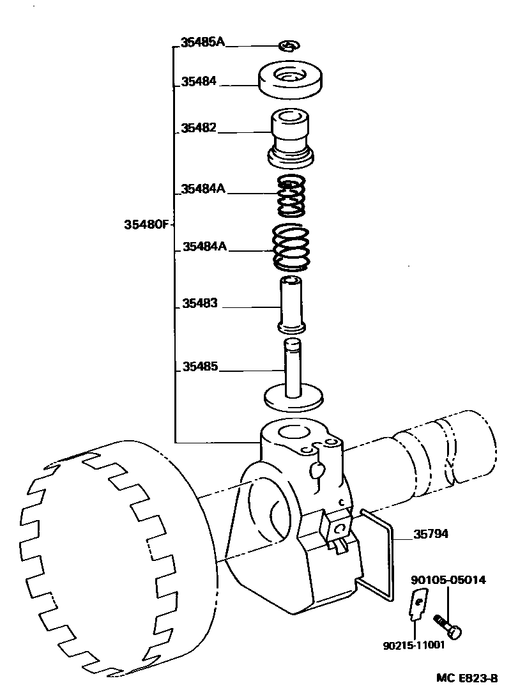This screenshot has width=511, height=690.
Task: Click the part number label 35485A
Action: click(x=202, y=43)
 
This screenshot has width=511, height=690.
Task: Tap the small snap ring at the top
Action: click(x=289, y=45)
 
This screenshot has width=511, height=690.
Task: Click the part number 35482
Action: click(x=199, y=128)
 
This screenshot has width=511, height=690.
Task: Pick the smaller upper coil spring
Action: click(x=291, y=197)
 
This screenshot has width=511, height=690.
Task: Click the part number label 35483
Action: click(x=200, y=304)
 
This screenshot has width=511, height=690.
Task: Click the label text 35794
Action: click(x=430, y=534)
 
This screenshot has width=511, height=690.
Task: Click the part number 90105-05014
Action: click(x=448, y=580)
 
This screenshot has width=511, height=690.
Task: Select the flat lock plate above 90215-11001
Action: click(x=417, y=607)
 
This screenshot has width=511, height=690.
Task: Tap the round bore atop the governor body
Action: click(x=293, y=432)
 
